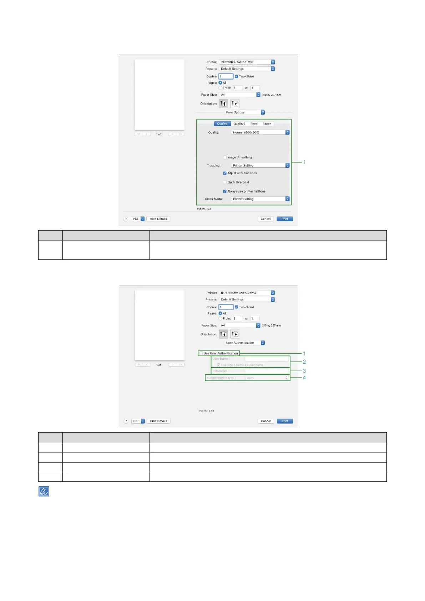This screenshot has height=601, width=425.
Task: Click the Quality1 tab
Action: [x=222, y=124]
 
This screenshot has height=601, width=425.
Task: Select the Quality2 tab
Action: [x=239, y=124]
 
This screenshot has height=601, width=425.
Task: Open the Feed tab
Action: [x=254, y=124]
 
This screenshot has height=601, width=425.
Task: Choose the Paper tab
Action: [x=267, y=124]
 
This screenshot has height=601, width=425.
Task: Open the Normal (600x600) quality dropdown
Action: [x=260, y=132]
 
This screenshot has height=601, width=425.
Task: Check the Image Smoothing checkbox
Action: [x=225, y=157]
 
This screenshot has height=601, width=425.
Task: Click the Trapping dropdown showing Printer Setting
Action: [x=260, y=166]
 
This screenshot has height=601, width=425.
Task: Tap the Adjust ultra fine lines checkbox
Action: [x=225, y=173]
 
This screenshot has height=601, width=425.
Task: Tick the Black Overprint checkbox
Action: [x=225, y=182]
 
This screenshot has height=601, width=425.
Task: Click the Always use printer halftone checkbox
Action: [x=225, y=192]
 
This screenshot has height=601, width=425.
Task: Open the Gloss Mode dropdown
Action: [x=260, y=199]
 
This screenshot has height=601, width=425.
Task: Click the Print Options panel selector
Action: [x=244, y=112]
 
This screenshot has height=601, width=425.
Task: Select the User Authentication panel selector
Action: [x=244, y=343]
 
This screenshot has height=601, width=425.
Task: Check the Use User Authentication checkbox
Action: [x=201, y=354]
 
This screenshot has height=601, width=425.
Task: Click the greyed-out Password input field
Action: [x=266, y=371]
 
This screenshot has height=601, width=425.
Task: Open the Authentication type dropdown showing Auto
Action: [x=267, y=378]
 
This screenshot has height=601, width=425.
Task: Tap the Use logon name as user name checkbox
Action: [x=218, y=365]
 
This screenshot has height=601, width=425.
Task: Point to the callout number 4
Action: [x=304, y=378]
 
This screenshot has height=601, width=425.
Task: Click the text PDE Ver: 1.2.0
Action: [x=204, y=209]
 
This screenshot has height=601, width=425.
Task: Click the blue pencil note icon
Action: [x=44, y=492]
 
